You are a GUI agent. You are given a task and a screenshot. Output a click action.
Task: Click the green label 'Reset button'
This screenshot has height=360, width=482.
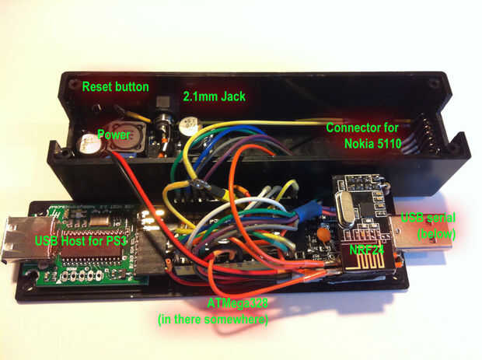(x=116, y=86)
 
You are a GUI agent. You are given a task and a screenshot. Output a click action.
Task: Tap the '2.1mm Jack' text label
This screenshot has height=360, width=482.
(x=215, y=97)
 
